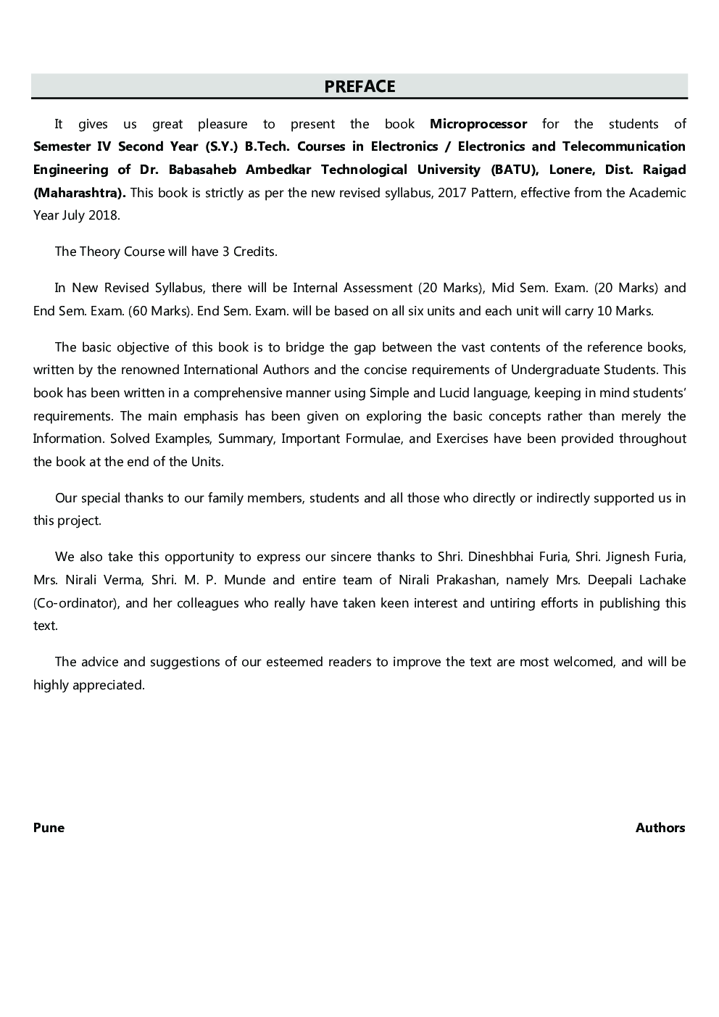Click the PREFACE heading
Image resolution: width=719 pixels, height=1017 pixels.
tap(359, 86)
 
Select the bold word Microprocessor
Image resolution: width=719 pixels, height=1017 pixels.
tap(478, 124)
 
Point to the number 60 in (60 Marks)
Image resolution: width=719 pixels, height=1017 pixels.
tap(141, 311)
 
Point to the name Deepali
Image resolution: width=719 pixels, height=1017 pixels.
tap(598, 580)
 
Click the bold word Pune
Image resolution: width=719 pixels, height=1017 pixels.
tap(49, 828)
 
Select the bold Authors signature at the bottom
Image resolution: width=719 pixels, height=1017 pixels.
tap(660, 828)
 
